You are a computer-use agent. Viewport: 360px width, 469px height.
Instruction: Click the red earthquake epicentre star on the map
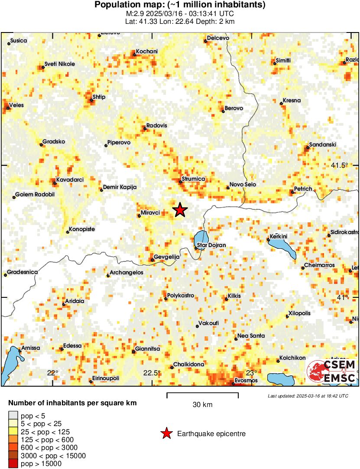pos(180,210)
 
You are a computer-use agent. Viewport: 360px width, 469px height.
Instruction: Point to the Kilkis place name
pos(234,296)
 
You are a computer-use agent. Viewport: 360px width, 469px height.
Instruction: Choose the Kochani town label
pos(147,52)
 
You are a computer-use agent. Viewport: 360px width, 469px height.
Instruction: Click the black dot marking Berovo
pos(223,111)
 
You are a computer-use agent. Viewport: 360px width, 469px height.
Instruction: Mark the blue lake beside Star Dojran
pos(201,238)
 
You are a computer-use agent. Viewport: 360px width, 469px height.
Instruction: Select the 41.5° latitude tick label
pos(339,165)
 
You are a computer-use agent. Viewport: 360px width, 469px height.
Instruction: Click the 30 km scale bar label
pos(202,405)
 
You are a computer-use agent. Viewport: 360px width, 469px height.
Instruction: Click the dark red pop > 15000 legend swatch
pos(14,464)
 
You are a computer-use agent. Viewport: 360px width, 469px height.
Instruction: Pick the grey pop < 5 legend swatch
pos(14,416)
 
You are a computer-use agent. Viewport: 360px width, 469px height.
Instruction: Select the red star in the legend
pos(166,433)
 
